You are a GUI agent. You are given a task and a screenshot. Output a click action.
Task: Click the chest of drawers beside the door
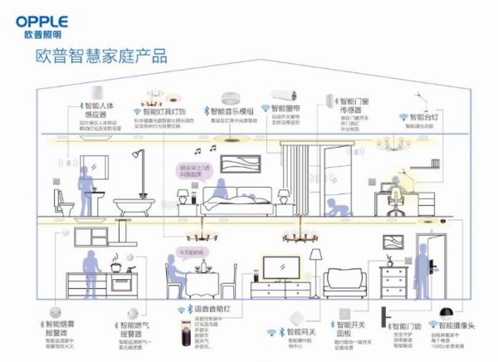pos(393,277)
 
